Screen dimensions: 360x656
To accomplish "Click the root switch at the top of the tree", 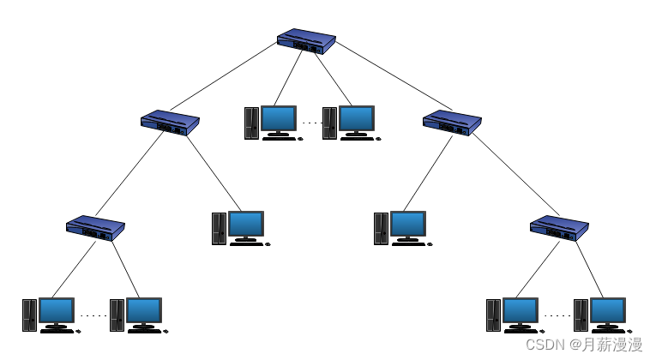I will pos(306,41).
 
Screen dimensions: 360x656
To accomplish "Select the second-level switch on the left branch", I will pos(170,123).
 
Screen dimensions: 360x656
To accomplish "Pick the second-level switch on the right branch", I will pos(452,123).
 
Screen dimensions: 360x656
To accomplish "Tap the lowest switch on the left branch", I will pos(95,228).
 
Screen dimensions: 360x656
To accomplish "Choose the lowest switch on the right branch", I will pos(559,228).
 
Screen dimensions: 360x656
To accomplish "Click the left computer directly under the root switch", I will pos(273,123).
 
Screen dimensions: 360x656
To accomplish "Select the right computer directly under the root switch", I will pos(351,123).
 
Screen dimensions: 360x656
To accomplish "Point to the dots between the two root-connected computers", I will pos(310,123).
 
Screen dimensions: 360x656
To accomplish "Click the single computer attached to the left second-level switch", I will pos(240,228).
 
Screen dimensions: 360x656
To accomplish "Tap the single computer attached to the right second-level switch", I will pos(402,228).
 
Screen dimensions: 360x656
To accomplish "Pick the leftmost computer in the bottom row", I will pos(51,315).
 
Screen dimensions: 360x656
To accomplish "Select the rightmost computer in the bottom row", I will pos(602,315).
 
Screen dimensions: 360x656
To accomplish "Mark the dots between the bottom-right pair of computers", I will pos(557,315).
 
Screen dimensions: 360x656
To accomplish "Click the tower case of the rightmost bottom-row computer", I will pos(581,315).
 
